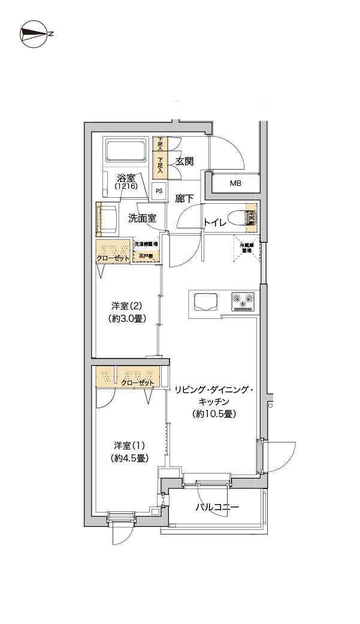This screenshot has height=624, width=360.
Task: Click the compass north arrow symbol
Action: tap(34, 34)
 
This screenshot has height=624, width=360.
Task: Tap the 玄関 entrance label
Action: tap(184, 161)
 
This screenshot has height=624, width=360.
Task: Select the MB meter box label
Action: tap(235, 183)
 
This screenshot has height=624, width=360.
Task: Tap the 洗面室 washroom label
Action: tap(142, 218)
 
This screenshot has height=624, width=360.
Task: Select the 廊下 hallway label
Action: tap(184, 198)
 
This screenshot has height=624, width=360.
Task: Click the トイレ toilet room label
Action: tap(214, 222)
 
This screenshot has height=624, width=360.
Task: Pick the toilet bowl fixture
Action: tap(250, 220)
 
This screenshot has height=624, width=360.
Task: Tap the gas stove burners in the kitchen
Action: tap(243, 300)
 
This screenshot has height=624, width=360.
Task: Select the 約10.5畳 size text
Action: tap(213, 414)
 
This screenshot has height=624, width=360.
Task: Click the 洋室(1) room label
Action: tap(129, 445)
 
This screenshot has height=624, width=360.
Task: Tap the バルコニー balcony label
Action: tap(217, 508)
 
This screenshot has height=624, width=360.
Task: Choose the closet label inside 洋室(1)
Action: tap(138, 382)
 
